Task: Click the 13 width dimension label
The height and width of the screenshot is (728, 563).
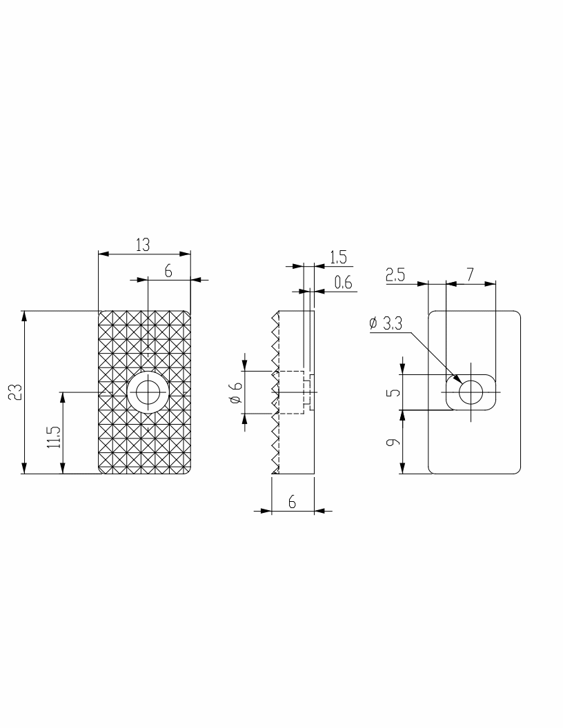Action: pyautogui.click(x=143, y=245)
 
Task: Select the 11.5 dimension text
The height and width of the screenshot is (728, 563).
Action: pyautogui.click(x=54, y=436)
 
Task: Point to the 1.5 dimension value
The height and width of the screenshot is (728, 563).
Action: pyautogui.click(x=338, y=256)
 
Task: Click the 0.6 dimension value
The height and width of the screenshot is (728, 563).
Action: pyautogui.click(x=343, y=282)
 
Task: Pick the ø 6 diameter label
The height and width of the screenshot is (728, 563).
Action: pyautogui.click(x=236, y=392)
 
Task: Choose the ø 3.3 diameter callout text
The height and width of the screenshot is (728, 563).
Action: pyautogui.click(x=386, y=323)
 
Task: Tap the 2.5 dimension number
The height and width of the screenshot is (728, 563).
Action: pyautogui.click(x=395, y=275)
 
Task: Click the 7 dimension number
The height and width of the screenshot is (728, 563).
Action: pyautogui.click(x=470, y=275)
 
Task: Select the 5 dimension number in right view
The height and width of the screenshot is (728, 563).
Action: pyautogui.click(x=393, y=392)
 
